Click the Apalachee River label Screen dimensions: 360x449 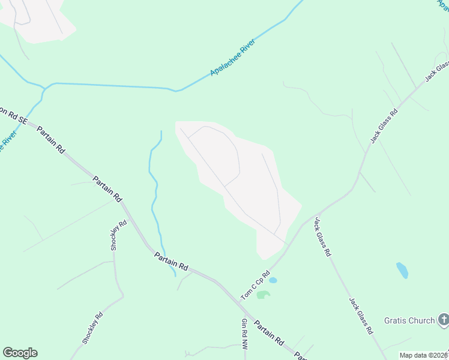click(x=234, y=58)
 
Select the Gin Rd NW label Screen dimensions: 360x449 click(x=244, y=334)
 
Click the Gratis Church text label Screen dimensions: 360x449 click(x=409, y=320)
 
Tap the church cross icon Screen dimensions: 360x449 click(x=444, y=320)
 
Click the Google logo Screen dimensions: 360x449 click(x=20, y=353)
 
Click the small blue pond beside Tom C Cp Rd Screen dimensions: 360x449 click(x=273, y=280)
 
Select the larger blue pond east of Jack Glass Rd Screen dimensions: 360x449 click(x=402, y=270)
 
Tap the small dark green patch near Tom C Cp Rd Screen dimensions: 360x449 click(x=263, y=294)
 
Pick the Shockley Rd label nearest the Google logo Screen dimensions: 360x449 click(x=93, y=328)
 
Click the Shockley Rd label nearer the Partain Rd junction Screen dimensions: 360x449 click(x=118, y=235)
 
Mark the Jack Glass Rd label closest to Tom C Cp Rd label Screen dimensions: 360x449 click(x=322, y=237)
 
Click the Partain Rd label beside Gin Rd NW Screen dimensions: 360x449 click(x=268, y=332)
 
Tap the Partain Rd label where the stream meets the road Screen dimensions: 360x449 click(x=171, y=261)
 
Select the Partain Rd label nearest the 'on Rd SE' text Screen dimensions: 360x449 click(x=50, y=140)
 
